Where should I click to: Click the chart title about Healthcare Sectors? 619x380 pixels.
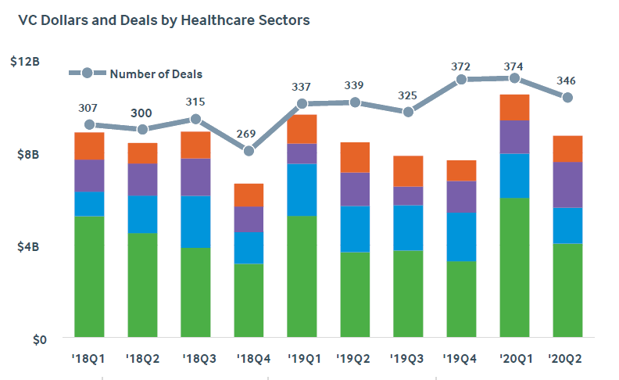tap(163, 20)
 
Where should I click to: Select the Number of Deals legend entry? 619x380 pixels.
tap(156, 73)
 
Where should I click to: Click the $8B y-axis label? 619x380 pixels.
tap(29, 154)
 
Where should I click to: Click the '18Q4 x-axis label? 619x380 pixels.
tap(249, 359)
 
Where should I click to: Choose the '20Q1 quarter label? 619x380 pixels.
tap(514, 359)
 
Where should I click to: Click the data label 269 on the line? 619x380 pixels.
tap(245, 134)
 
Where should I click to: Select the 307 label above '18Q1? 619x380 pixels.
tap(88, 108)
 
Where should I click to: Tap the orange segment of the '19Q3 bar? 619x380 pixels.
tap(408, 171)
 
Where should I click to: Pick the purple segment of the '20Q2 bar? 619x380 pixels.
tap(567, 185)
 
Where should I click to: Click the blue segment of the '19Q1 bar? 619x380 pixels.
tap(302, 189)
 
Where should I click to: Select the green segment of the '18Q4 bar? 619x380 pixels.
tap(249, 301)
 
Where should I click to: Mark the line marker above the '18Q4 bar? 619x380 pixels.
tap(249, 151)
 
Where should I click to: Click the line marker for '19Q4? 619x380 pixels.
tap(461, 79)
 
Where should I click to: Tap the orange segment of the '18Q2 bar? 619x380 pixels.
tap(142, 153)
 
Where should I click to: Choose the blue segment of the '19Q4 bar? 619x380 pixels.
tap(461, 236)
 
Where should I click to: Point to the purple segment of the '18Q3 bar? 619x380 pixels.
tap(195, 177)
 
